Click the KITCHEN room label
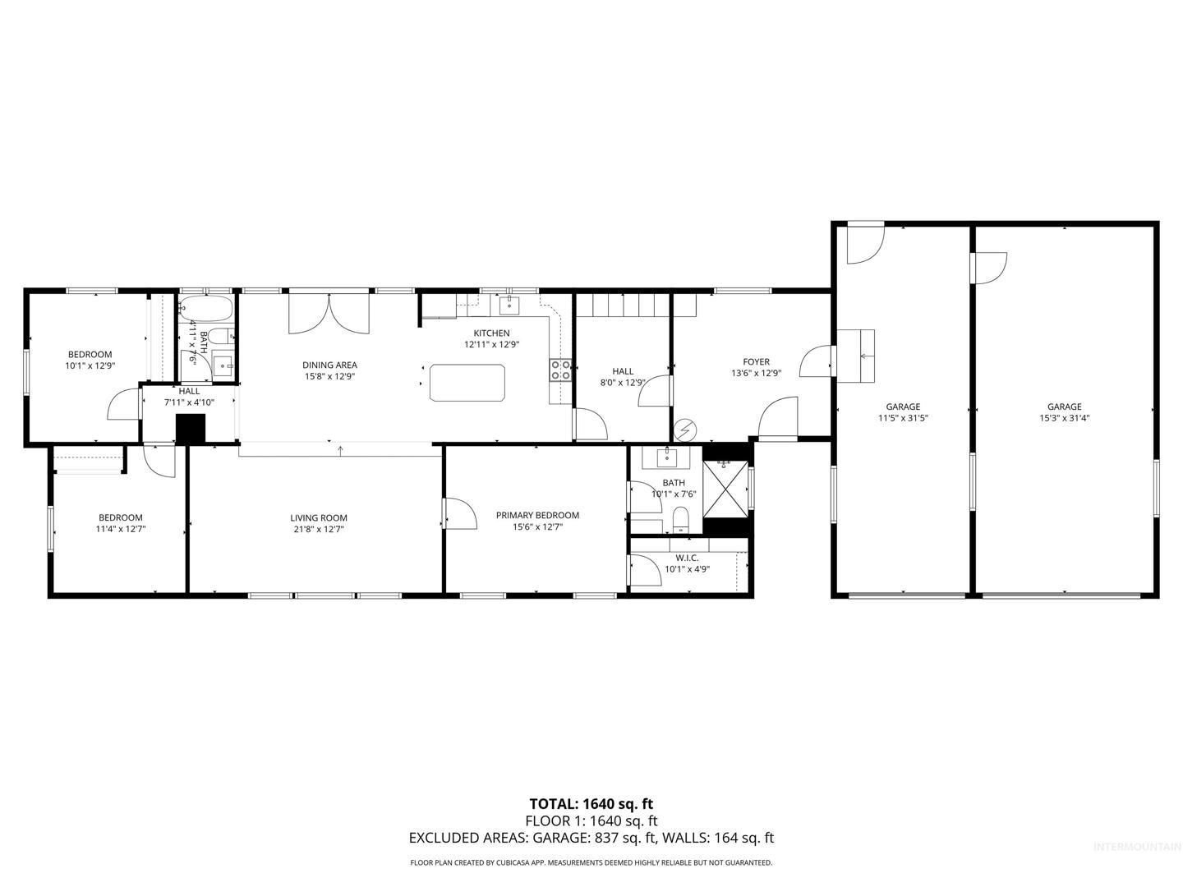tap(491, 333)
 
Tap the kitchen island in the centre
tap(467, 383)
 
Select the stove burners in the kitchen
tap(560, 370)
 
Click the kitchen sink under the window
tap(509, 306)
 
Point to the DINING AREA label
tap(329, 365)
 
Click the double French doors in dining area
tap(329, 312)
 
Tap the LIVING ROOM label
tap(319, 518)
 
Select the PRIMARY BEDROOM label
tap(537, 516)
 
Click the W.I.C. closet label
tap(687, 558)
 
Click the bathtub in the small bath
tap(206, 309)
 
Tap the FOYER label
tap(756, 362)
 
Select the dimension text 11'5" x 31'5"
tap(903, 418)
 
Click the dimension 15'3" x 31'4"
tap(1065, 418)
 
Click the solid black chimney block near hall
tap(191, 430)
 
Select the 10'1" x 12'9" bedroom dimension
tap(90, 365)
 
